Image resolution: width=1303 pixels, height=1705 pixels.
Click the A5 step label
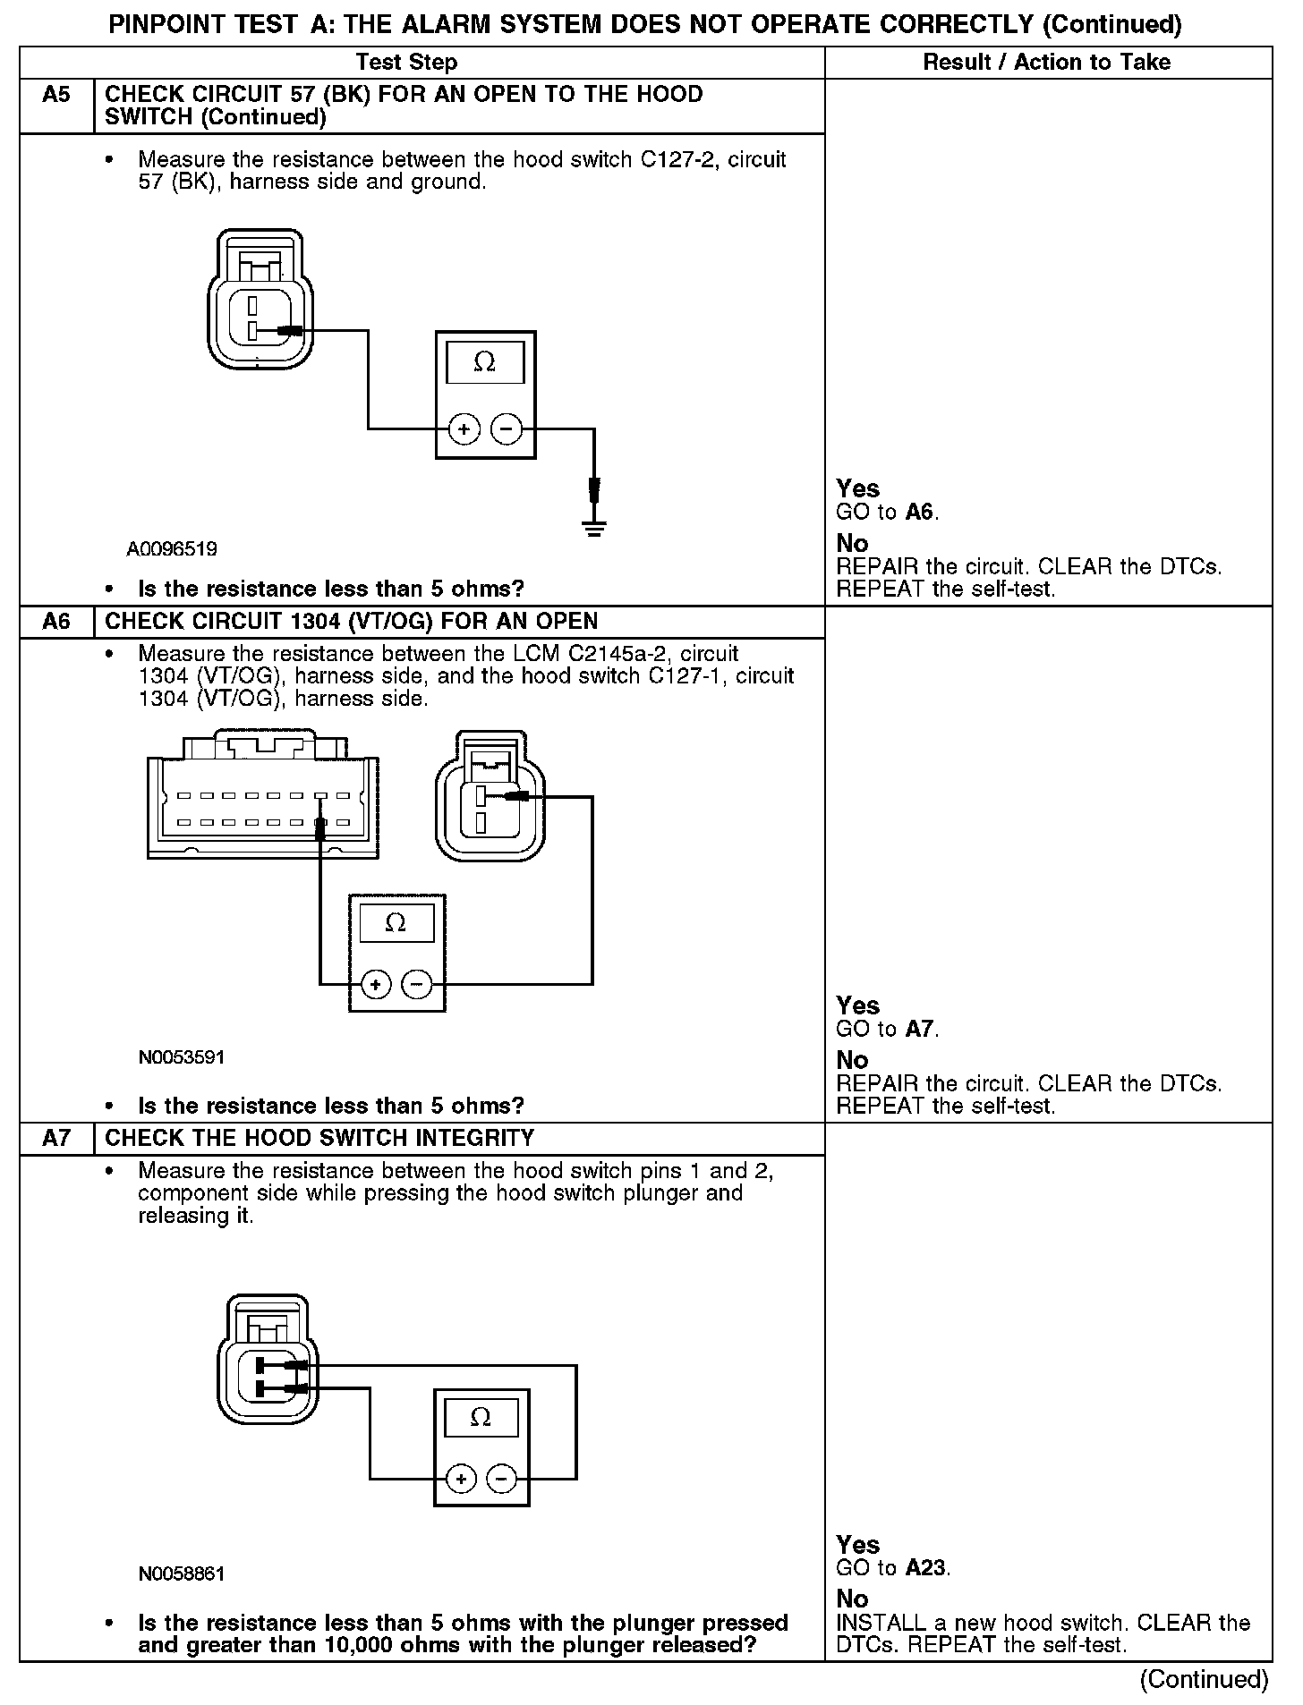pos(55,94)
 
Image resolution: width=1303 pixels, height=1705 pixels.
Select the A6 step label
pos(55,621)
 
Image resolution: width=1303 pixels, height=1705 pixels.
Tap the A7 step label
pos(55,1138)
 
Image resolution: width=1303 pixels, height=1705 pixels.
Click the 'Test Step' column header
pos(406,62)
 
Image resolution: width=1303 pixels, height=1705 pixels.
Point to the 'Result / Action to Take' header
pos(1046,62)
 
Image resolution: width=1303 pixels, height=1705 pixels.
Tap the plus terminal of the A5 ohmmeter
pos(464,430)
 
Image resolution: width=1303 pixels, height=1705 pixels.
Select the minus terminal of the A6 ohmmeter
pos(416,985)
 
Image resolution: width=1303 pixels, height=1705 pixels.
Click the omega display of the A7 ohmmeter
pos(481,1417)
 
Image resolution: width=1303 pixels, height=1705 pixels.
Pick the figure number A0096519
pos(172,548)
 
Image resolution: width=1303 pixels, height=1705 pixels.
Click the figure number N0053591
pos(181,1057)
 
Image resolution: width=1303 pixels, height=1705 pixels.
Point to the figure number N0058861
pos(181,1574)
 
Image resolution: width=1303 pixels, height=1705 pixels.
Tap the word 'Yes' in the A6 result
pos(857,1005)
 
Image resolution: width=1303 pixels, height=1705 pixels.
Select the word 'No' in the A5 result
pos(852,543)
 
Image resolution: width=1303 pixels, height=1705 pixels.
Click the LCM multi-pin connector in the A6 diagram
pos(262,796)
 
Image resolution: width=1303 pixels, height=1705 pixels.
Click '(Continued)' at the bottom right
pos(1204,1679)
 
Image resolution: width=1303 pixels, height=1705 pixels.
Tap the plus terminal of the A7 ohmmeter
pos(461,1479)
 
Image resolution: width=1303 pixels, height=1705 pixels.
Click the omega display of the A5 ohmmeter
pos(484,362)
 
